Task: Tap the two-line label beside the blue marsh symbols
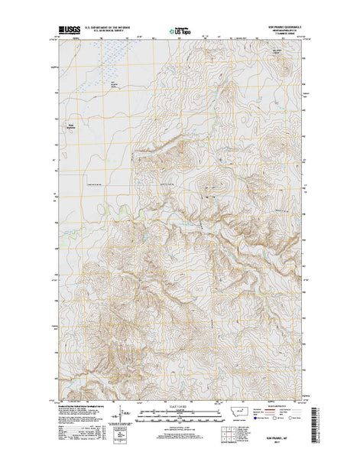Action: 115,83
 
